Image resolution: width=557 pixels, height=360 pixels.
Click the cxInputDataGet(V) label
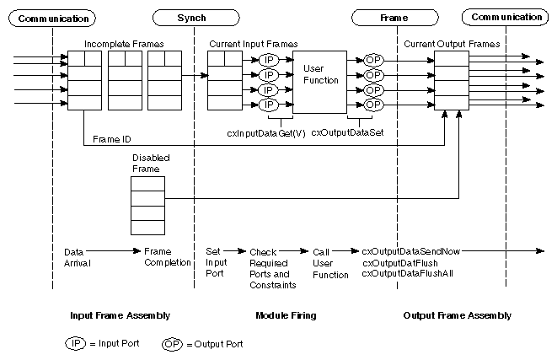coord(266,132)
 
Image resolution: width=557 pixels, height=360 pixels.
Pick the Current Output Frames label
coord(451,42)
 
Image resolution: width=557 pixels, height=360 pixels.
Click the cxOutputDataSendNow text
coord(411,250)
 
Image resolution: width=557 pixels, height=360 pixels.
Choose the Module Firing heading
coord(285,315)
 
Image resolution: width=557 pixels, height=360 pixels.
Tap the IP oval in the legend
coord(77,344)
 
